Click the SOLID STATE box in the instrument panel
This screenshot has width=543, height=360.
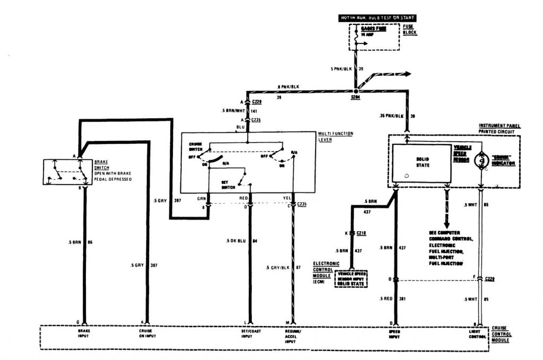(x=423, y=162)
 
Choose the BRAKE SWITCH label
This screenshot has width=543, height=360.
(x=101, y=164)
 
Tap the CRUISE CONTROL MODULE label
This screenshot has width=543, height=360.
(x=502, y=333)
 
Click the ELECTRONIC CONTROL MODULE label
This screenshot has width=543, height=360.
(x=322, y=271)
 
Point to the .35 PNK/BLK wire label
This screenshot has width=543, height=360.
(x=388, y=115)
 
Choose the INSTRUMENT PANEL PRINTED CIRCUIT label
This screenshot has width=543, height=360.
(x=500, y=128)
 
